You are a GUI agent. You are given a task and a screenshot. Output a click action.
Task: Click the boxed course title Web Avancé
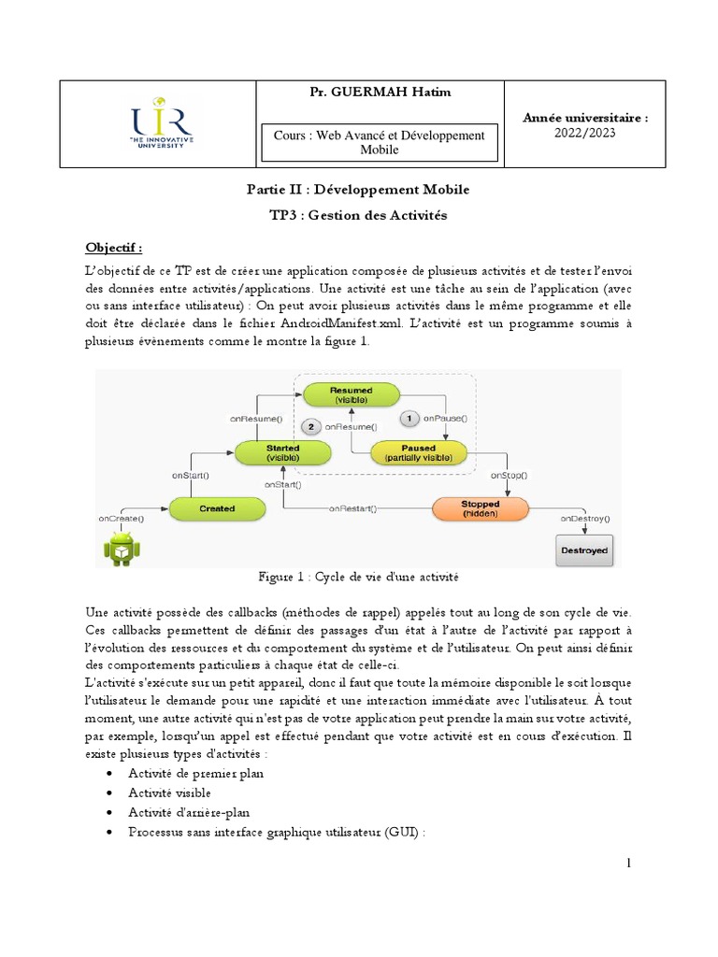[380, 142]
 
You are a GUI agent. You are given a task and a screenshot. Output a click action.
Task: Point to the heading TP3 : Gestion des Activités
[358, 215]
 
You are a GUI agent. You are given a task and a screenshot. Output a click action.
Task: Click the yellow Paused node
[419, 452]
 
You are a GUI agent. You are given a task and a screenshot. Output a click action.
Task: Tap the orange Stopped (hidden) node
[481, 508]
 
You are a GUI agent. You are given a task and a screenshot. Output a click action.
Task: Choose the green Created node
[216, 508]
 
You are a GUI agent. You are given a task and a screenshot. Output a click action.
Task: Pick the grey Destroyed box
[583, 550]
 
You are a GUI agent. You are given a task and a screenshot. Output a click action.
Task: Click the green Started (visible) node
[283, 452]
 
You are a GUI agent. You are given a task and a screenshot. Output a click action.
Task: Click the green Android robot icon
[121, 549]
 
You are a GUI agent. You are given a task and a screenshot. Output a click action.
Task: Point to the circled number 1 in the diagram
[408, 418]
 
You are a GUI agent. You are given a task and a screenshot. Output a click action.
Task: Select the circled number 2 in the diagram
[310, 426]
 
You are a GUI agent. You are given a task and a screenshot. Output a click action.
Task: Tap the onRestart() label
[352, 508]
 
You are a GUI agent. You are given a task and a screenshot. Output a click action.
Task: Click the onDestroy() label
[584, 517]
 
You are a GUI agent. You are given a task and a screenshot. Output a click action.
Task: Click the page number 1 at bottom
[629, 863]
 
